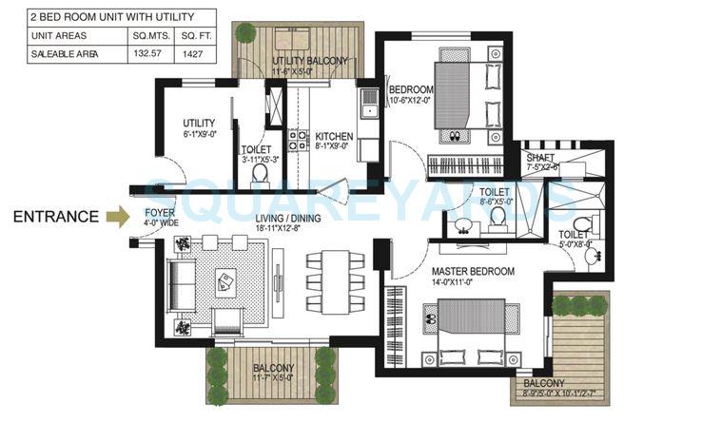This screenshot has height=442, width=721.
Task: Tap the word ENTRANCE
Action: click(x=55, y=217)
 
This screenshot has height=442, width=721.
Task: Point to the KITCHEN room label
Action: click(x=335, y=135)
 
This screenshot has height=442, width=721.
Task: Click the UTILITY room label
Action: click(x=199, y=124)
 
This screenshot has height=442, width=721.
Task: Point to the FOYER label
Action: click(x=158, y=213)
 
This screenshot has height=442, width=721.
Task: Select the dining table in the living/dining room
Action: click(x=328, y=281)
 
